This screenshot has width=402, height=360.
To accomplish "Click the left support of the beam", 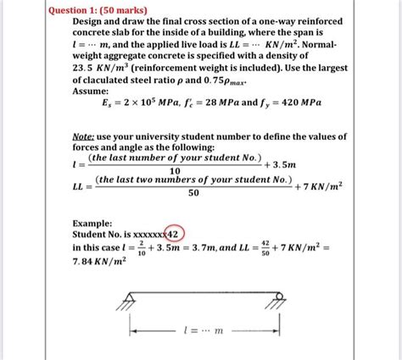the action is coord(131,300).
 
